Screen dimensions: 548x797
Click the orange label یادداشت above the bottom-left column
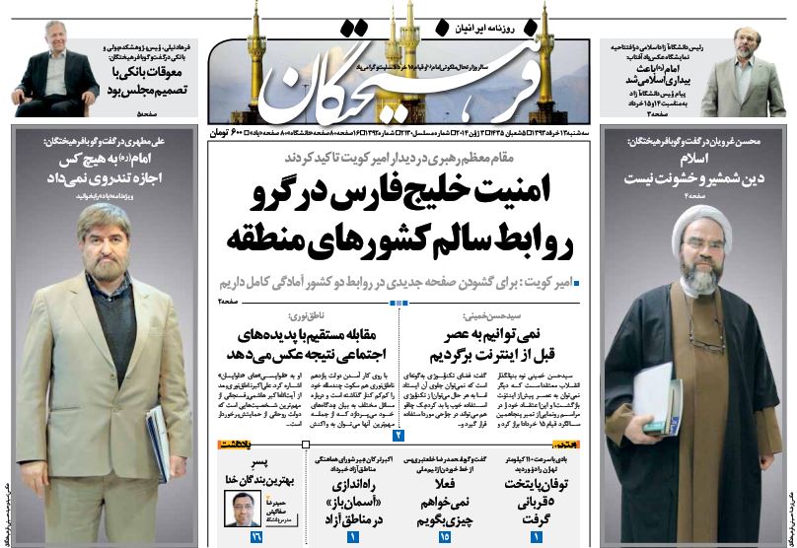239,446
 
